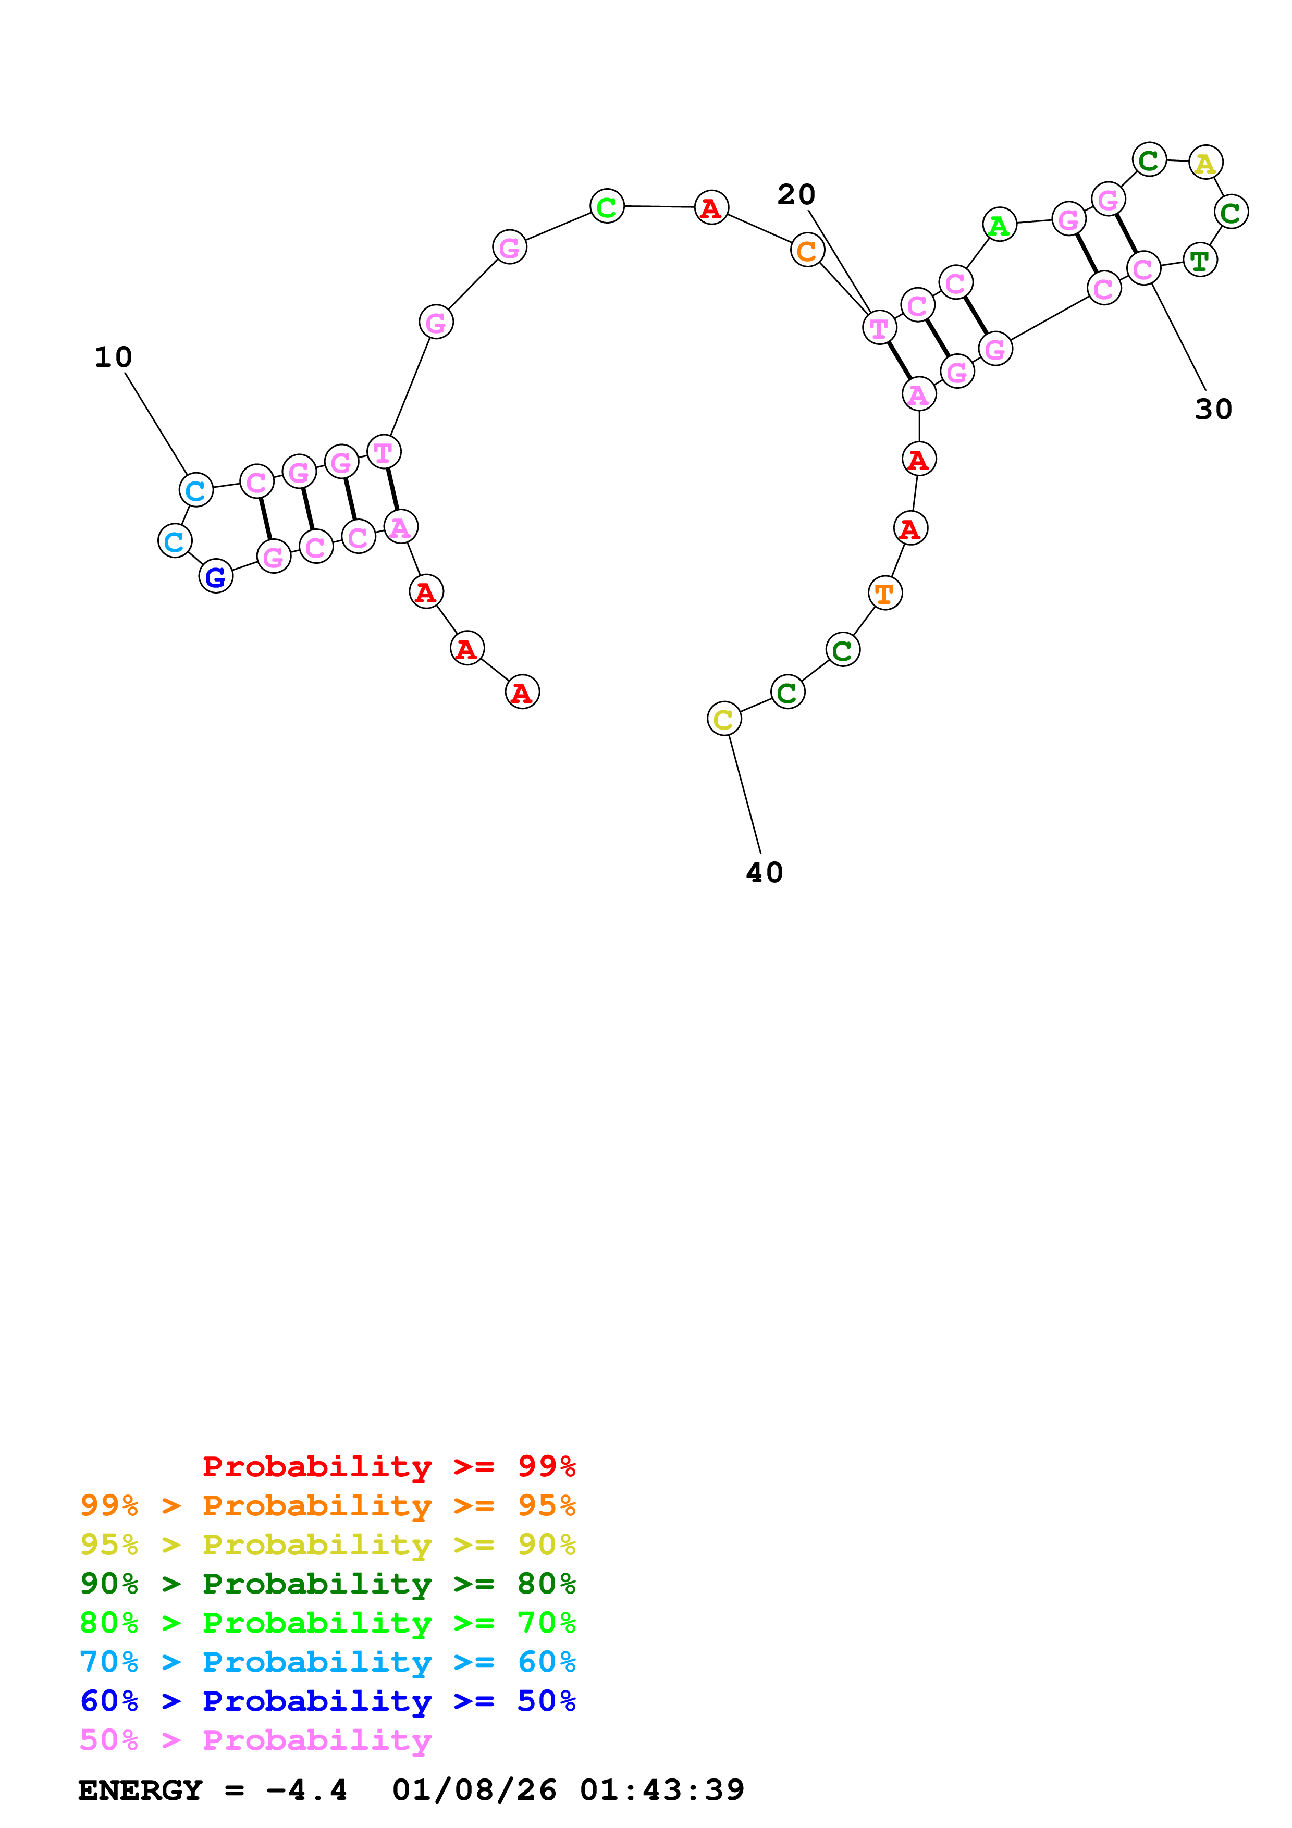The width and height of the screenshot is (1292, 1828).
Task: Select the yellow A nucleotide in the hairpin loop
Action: [x=1205, y=163]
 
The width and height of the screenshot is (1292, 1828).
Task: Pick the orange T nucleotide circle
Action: [x=884, y=593]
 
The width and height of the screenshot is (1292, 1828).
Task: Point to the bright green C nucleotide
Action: [x=607, y=207]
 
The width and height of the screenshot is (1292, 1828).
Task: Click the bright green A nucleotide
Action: [x=999, y=225]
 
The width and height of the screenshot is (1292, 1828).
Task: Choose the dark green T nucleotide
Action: [x=1200, y=261]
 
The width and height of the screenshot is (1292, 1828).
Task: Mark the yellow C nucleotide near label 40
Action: [x=723, y=719]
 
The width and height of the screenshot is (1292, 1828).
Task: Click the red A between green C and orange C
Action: [x=711, y=208]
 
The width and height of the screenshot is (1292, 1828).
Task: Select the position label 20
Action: [x=796, y=195]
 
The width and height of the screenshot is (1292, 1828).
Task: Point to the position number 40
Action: [x=764, y=873]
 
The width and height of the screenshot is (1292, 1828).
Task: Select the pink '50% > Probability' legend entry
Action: [x=255, y=1740]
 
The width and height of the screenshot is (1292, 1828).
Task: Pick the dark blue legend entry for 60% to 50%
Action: [x=327, y=1701]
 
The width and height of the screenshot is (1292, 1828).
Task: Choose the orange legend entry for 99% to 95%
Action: [x=327, y=1505]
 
